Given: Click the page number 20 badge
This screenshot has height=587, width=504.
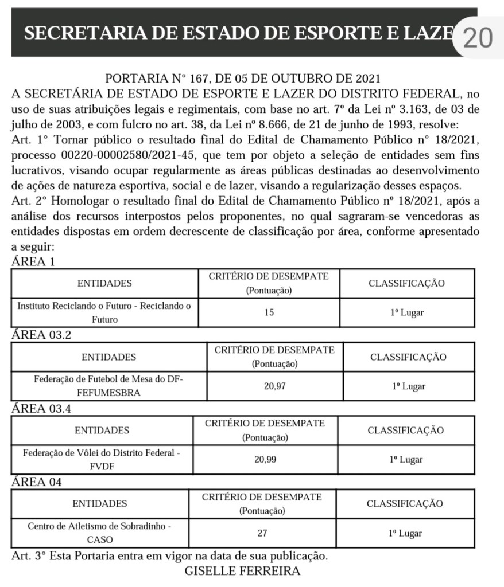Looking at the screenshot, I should tap(477, 38).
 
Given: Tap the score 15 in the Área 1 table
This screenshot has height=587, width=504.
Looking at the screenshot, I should tap(269, 313).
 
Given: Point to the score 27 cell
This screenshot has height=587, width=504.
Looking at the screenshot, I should tap(262, 533).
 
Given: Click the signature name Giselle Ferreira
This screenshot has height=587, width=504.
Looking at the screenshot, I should tap(243, 571).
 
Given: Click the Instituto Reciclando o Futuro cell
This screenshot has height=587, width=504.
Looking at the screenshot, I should tap(104, 313).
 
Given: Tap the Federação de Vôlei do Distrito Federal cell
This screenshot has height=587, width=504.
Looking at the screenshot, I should tap(102, 459).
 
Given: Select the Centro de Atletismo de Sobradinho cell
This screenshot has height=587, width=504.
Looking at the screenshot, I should tap(100, 533).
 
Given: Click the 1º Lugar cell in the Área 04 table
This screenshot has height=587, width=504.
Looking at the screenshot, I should tap(405, 533).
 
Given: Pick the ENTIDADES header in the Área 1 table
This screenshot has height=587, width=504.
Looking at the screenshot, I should tap(104, 283).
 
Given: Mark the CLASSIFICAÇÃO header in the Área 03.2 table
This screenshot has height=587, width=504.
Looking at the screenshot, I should tap(408, 357).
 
